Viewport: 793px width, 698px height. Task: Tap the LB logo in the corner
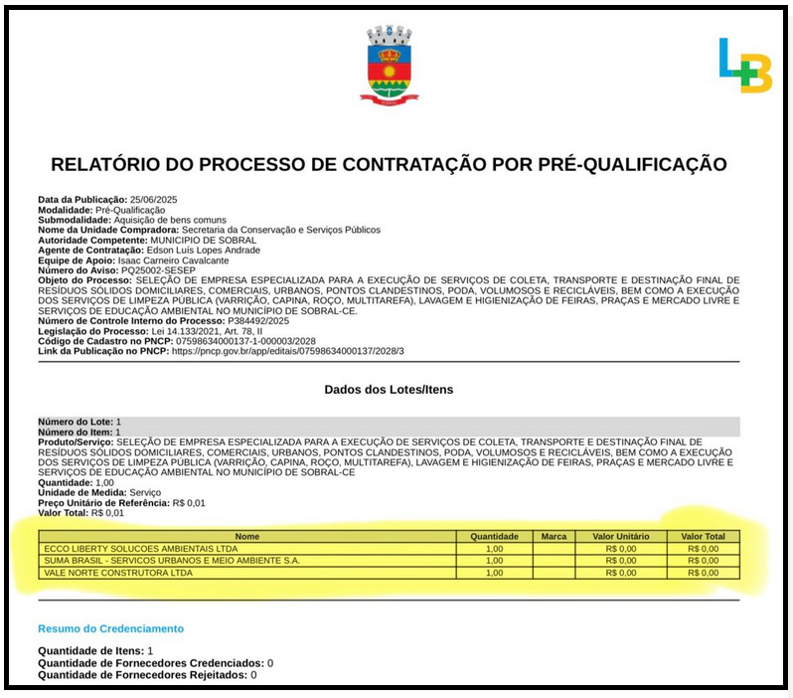tap(744, 67)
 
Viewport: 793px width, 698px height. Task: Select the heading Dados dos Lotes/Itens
tap(389, 389)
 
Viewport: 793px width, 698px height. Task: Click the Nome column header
tap(247, 537)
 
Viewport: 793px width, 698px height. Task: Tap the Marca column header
tap(554, 537)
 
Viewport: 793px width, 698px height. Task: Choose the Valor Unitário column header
tap(620, 537)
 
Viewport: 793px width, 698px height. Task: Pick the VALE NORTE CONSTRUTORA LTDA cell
tap(116, 573)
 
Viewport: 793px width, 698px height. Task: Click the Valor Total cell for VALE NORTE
tap(703, 573)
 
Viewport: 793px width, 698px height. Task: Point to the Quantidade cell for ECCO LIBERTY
tap(494, 549)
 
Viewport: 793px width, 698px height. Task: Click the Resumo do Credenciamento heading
tap(110, 628)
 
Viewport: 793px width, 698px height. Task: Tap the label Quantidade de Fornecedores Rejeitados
tap(142, 675)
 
